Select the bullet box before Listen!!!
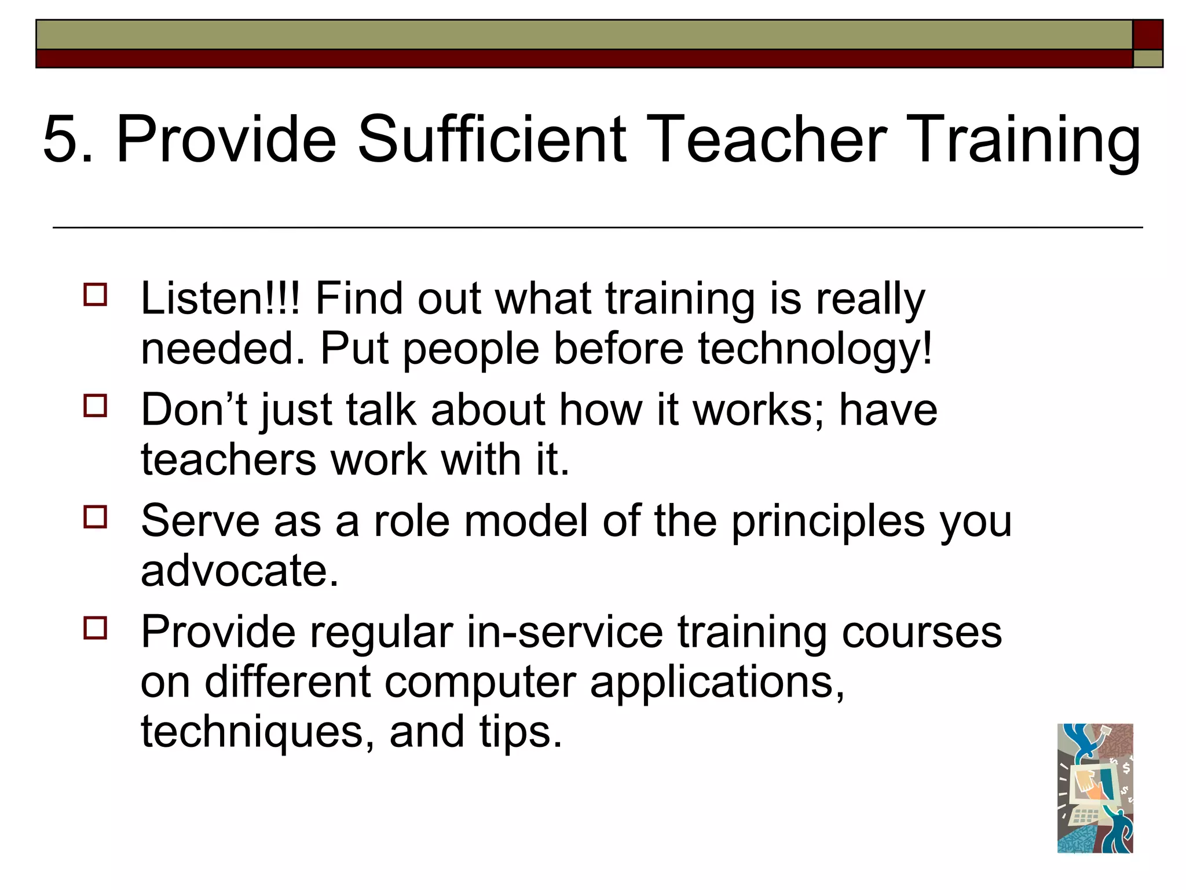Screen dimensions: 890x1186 point(96,295)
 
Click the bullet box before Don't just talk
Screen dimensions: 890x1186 point(96,406)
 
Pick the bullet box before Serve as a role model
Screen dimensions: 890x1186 point(96,517)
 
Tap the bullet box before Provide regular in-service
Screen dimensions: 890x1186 point(96,628)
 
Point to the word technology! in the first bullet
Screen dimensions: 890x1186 point(815,349)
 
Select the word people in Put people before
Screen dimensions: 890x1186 point(471,349)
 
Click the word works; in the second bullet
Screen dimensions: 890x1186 point(759,410)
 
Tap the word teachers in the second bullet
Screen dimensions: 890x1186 point(228,460)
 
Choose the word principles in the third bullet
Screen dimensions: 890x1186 point(828,521)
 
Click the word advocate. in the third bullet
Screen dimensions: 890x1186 point(239,571)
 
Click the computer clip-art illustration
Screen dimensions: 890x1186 point(1095,788)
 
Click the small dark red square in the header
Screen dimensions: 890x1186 point(1147,35)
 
